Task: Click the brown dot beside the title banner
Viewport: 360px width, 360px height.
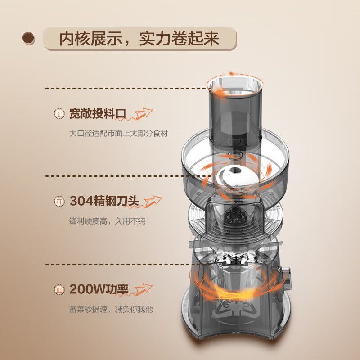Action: [x=29, y=38]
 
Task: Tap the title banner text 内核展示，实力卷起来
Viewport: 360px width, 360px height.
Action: [x=139, y=39]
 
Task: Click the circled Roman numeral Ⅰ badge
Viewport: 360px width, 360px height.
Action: [x=59, y=113]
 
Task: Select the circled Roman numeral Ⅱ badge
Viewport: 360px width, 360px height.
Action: [x=59, y=201]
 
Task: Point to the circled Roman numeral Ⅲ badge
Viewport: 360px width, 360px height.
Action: [x=59, y=289]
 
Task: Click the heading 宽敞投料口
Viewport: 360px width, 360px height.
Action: [x=98, y=114]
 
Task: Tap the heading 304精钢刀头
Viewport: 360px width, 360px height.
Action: [x=104, y=201]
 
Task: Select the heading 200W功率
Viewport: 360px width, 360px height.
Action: [x=99, y=289]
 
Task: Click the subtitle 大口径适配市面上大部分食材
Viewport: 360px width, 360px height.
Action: [x=119, y=133]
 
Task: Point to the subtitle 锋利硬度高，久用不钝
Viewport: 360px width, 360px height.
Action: [x=107, y=221]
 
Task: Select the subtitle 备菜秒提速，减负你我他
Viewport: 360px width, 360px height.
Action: [x=111, y=309]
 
